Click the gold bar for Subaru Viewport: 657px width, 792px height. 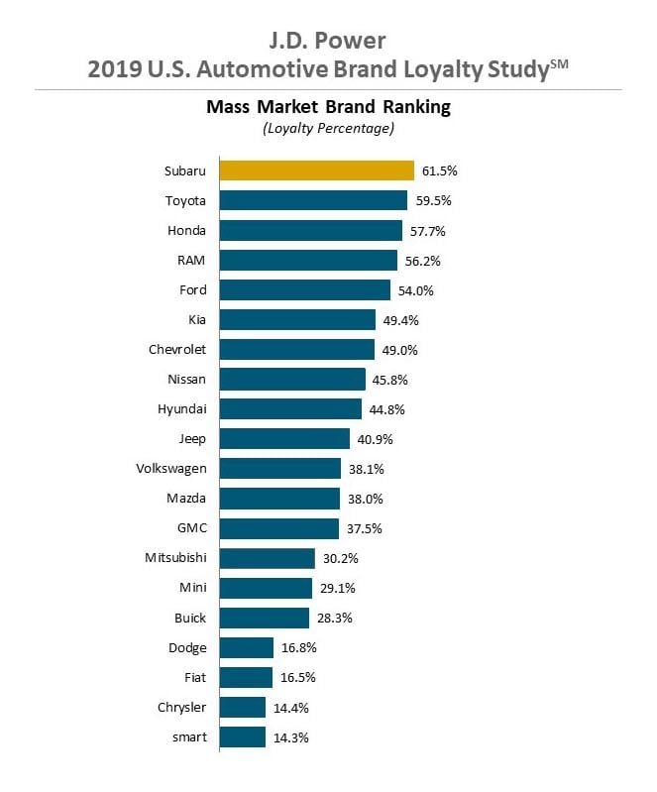coord(316,170)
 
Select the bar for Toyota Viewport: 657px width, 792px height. coord(313,200)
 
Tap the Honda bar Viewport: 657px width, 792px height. coord(310,230)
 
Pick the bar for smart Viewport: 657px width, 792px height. coord(243,736)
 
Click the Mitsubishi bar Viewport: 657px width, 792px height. coord(268,558)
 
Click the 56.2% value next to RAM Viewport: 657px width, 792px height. coord(421,261)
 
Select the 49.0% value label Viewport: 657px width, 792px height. coord(398,350)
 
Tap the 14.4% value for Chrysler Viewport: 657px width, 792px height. coord(289,707)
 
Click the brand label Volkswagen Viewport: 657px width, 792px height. coord(171,469)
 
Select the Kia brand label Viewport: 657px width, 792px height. coord(196,320)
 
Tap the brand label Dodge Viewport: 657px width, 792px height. coord(187,647)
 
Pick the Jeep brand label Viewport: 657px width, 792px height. coord(192,439)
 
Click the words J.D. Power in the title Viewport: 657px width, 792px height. coord(328,40)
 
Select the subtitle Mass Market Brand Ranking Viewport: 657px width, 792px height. coord(328,107)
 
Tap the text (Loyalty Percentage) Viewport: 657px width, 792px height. coord(328,128)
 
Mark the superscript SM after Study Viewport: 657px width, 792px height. coord(559,64)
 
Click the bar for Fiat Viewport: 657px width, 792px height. coord(246,677)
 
